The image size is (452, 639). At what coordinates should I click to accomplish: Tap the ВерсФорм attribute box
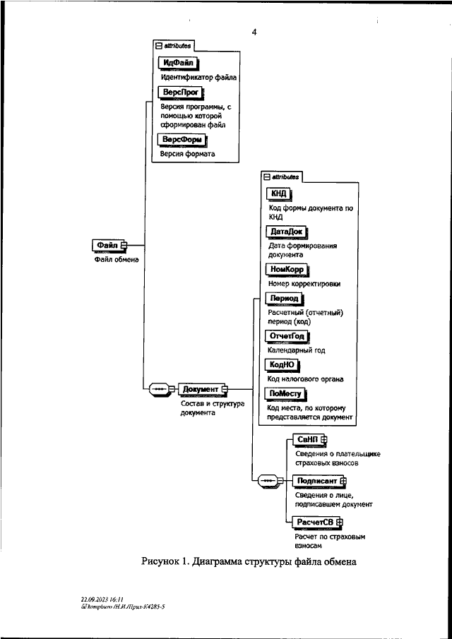pos(182,141)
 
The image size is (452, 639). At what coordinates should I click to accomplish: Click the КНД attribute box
pos(280,193)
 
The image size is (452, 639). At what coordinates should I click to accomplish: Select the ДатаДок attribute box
pos(287,232)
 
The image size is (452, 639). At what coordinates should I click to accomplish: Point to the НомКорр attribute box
pos(287,270)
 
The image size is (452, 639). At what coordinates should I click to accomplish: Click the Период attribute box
pos(285,299)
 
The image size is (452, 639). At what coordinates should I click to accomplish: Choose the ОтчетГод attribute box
pos(287,336)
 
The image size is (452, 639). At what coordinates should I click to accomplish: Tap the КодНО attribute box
pos(282,365)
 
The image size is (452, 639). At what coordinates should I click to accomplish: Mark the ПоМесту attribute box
pos(285,395)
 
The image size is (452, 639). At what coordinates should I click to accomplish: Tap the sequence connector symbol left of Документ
pos(160,389)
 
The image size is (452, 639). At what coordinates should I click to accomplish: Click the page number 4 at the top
pos(254,32)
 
